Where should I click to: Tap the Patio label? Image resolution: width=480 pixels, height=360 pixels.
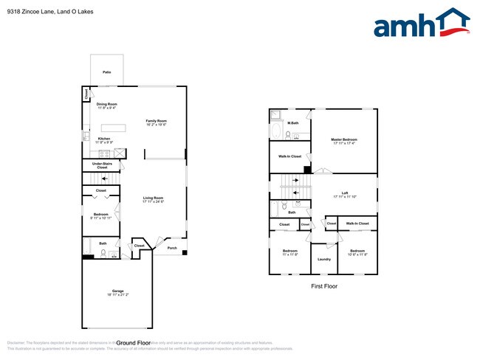[x=107, y=72]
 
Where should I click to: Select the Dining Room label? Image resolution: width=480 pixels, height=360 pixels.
[x=107, y=104]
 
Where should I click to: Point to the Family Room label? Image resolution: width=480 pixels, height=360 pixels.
[x=156, y=121]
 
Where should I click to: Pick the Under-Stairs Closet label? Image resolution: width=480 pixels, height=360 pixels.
[x=102, y=165]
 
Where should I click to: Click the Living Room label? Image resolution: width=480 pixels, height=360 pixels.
[x=153, y=198]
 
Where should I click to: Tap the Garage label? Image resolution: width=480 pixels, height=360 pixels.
[x=118, y=291]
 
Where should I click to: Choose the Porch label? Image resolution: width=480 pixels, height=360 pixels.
[x=172, y=248]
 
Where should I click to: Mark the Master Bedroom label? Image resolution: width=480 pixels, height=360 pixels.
[x=344, y=139]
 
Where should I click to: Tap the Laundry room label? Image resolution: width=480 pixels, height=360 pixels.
[x=323, y=259]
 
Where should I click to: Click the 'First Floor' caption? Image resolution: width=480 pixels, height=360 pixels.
[x=323, y=285]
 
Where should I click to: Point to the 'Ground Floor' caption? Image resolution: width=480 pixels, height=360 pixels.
[x=134, y=343]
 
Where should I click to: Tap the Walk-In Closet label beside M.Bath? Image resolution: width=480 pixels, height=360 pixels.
[x=289, y=156]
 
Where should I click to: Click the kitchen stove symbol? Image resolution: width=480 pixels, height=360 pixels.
[x=120, y=153]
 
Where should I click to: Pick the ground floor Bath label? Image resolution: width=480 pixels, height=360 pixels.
[x=103, y=243]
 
